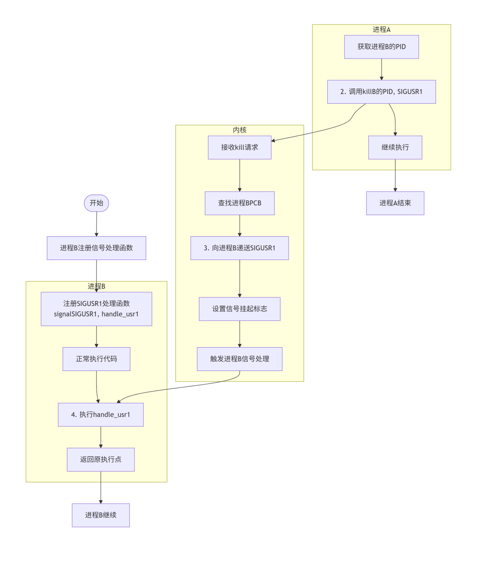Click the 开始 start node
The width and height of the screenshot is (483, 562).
[96, 203]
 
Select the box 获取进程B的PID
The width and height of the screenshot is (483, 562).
[381, 47]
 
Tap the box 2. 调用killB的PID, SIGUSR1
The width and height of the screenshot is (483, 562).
[381, 92]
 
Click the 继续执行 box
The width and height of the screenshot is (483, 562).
[395, 147]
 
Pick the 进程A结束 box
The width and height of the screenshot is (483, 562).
[395, 203]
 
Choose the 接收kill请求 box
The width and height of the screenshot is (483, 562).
[240, 147]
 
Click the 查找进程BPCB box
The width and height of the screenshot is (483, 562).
[240, 203]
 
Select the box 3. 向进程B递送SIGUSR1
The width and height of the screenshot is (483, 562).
[240, 248]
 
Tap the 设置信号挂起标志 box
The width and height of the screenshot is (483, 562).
[240, 309]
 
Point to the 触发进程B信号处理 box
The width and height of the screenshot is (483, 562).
[240, 359]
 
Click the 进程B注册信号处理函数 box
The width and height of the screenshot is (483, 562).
[97, 248]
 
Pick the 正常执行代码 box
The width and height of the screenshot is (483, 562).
[97, 359]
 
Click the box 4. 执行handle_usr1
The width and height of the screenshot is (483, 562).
[101, 415]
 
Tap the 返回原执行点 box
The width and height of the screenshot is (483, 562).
[101, 460]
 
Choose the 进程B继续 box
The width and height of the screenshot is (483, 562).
[101, 515]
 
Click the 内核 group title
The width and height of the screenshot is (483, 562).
[240, 130]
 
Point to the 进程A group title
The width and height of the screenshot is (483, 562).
[381, 30]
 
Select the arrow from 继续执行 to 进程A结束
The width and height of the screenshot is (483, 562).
[395, 175]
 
